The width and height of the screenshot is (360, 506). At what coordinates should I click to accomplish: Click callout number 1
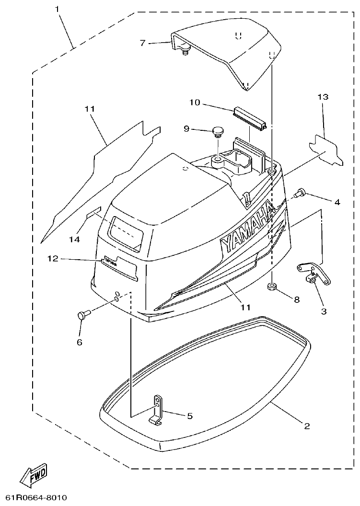point(58,9)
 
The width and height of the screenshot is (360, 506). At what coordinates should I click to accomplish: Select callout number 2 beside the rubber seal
point(307,425)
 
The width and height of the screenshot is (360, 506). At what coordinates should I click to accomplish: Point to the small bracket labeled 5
point(157,410)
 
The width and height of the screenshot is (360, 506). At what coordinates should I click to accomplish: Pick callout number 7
point(142,43)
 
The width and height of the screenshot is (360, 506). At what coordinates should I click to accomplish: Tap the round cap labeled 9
point(219,130)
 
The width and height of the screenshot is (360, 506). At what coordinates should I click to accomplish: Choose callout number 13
point(323,97)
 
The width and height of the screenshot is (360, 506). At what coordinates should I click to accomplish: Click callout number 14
point(74,238)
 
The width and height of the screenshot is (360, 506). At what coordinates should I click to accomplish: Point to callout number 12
point(53,259)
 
